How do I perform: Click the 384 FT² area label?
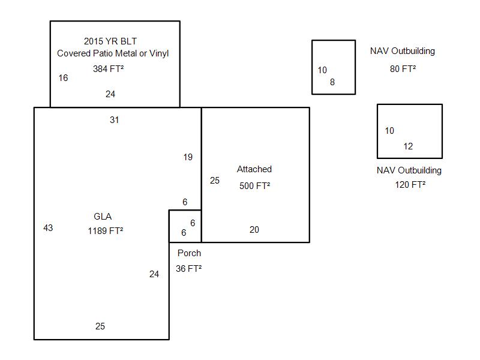tap(108, 69)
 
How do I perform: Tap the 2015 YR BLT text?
tap(110, 41)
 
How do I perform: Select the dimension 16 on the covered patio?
tap(63, 78)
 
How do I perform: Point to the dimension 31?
tap(114, 120)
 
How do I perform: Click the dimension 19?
tap(188, 157)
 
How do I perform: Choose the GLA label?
tap(103, 217)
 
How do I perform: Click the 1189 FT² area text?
tap(106, 230)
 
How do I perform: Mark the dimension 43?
tap(48, 228)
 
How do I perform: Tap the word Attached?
tap(254, 169)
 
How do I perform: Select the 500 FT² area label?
tap(254, 186)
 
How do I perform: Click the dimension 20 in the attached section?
tap(254, 230)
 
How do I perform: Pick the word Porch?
tap(189, 253)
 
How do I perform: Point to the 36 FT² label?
tap(188, 269)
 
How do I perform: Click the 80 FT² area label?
tap(403, 69)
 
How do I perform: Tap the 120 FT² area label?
tap(410, 185)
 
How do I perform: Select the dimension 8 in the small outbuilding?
tap(332, 82)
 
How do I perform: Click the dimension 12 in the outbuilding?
tap(408, 146)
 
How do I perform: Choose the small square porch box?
tap(185, 226)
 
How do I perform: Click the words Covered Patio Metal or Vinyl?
tap(113, 53)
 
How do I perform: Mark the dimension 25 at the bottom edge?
tap(100, 326)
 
